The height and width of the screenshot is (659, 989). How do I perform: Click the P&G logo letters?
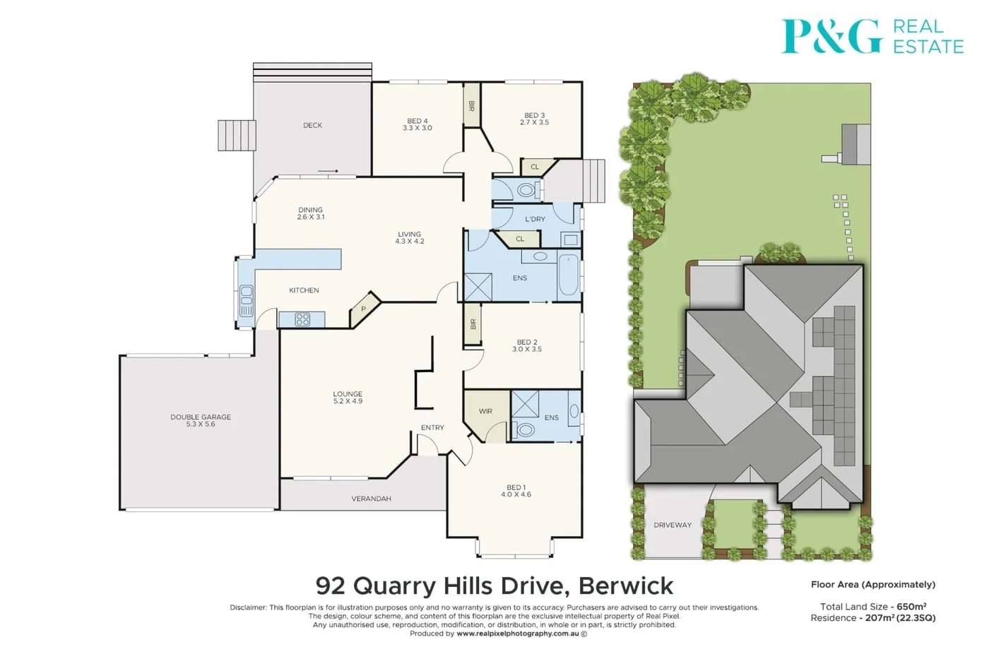click(x=831, y=37)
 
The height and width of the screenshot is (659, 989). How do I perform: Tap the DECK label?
click(x=312, y=126)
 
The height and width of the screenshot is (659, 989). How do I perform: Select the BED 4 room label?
click(x=417, y=121)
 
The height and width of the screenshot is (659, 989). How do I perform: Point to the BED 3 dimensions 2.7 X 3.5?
click(x=534, y=123)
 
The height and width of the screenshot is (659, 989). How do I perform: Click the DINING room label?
click(x=310, y=210)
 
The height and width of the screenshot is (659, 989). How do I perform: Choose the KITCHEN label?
click(x=304, y=290)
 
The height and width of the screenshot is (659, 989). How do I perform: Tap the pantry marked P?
click(x=364, y=309)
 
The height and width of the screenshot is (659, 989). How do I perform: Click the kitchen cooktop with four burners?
click(x=302, y=320)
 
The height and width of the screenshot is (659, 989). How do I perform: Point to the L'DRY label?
click(x=535, y=220)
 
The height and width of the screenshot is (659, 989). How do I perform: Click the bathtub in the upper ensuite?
click(x=569, y=275)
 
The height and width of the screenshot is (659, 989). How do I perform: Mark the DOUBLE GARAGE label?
click(x=201, y=417)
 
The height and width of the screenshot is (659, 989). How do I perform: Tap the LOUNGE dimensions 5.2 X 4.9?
click(x=348, y=401)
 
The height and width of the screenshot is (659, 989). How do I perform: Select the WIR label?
click(x=485, y=411)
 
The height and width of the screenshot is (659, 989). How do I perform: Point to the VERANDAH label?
click(x=371, y=499)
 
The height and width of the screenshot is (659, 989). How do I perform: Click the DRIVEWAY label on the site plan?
click(x=673, y=525)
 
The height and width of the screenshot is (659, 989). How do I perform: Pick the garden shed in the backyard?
click(x=855, y=144)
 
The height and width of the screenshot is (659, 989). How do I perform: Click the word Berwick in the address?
click(x=626, y=586)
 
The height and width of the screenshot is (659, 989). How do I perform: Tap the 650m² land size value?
click(x=911, y=607)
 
